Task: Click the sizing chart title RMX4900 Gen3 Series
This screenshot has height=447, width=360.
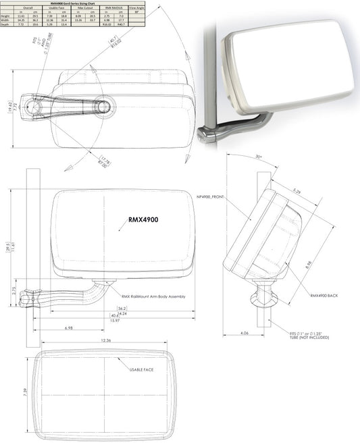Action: tap(74, 3)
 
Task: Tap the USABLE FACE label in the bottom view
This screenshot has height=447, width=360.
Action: tap(143, 369)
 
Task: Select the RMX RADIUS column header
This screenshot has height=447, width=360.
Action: tap(115, 7)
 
